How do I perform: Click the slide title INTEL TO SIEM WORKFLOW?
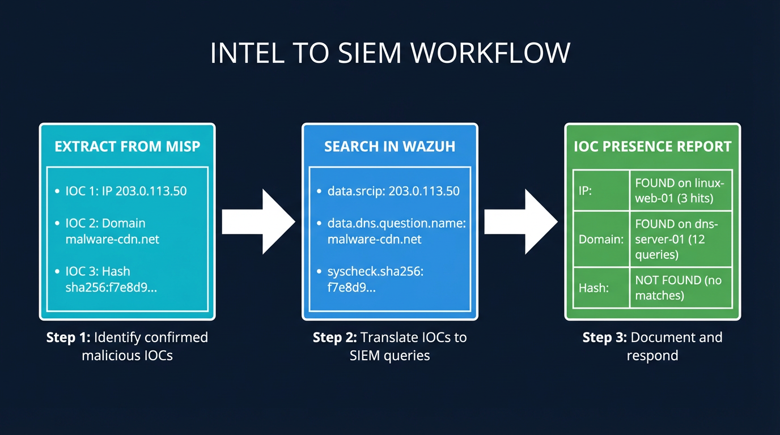click(x=390, y=53)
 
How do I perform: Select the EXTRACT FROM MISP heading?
click(x=128, y=147)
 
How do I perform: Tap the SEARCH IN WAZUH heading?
click(x=389, y=147)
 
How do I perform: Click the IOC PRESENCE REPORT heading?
click(x=652, y=147)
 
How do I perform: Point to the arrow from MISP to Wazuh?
click(x=258, y=221)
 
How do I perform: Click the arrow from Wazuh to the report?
click(x=520, y=221)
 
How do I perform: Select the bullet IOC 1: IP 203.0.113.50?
click(x=125, y=191)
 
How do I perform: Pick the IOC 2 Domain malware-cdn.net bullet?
click(x=112, y=231)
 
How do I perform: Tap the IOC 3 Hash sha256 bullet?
click(x=111, y=279)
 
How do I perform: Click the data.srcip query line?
click(x=393, y=191)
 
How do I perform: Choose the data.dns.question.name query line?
click(x=396, y=231)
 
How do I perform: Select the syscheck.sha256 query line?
click(x=375, y=279)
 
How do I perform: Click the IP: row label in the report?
click(x=585, y=191)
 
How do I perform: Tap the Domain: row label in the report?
click(x=600, y=239)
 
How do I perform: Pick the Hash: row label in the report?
click(x=594, y=288)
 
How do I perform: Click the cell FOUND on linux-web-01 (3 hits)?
click(x=680, y=190)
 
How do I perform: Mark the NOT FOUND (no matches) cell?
click(x=678, y=288)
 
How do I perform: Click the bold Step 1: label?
click(x=68, y=338)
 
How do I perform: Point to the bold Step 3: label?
click(x=604, y=338)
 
